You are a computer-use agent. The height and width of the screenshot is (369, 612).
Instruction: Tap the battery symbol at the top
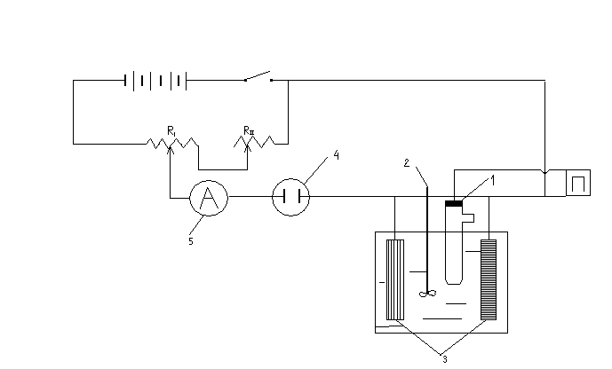click(155, 81)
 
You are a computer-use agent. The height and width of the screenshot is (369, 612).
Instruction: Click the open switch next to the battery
click(258, 76)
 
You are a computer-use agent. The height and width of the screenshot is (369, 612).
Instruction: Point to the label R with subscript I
click(171, 131)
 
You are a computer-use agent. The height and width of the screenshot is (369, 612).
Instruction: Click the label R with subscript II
click(249, 131)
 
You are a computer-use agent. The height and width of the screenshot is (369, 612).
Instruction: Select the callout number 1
click(493, 181)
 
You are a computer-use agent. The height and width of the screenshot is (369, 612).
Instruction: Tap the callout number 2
click(407, 163)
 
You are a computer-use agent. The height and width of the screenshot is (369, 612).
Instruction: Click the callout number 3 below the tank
click(445, 359)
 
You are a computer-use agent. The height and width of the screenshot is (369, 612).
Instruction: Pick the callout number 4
click(336, 155)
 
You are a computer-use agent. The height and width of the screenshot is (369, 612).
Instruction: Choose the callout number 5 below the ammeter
click(191, 241)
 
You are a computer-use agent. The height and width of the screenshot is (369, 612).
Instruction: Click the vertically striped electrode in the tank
click(395, 279)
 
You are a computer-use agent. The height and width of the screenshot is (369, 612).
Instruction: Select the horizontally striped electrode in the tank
click(489, 279)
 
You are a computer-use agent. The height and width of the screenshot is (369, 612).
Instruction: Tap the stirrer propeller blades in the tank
click(428, 294)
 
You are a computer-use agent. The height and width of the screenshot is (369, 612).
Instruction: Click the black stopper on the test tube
click(454, 203)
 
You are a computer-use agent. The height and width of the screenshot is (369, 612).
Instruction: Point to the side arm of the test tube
click(468, 218)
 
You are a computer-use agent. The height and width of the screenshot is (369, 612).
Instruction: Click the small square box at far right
click(578, 183)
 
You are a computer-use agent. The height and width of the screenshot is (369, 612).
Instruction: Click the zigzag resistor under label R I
click(172, 145)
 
